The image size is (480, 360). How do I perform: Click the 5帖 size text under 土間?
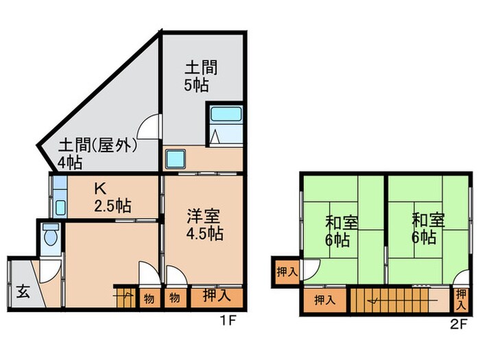click(197, 86)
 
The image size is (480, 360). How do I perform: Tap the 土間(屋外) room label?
click(97, 146)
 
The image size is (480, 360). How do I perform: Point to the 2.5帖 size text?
click(113, 205)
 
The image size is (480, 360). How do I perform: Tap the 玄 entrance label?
click(23, 292)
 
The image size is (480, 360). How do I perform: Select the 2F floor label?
click(458, 322)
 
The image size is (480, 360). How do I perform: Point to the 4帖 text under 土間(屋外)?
click(70, 163)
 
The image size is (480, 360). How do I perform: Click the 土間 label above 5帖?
click(201, 69)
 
